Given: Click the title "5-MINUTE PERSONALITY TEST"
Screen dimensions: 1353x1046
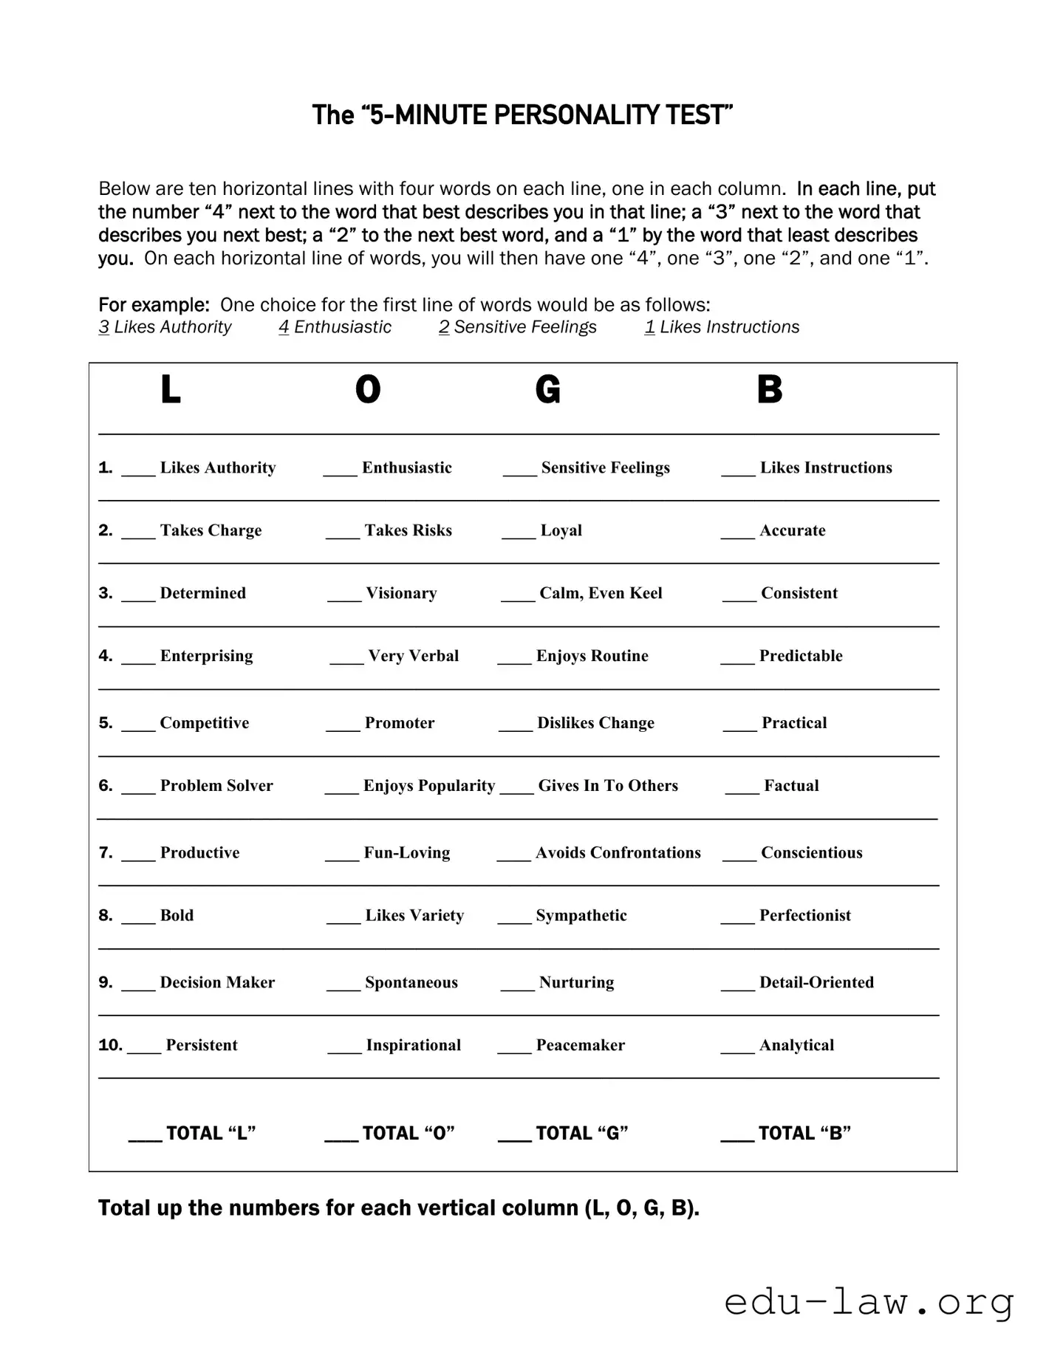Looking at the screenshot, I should [522, 115].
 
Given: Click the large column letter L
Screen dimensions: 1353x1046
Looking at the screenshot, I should [171, 389].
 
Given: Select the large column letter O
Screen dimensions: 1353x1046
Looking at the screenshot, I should [368, 389].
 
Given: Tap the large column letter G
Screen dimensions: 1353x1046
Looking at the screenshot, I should [548, 389].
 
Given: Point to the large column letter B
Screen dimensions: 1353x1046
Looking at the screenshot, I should [769, 389].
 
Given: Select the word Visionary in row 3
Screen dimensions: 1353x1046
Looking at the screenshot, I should [401, 593].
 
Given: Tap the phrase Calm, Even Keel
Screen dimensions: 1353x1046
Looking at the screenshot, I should [601, 593].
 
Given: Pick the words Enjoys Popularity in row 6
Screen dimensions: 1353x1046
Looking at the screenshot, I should [428, 786].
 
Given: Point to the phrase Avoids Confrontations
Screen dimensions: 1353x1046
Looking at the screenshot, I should [618, 853].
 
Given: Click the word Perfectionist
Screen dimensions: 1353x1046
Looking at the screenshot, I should [804, 916].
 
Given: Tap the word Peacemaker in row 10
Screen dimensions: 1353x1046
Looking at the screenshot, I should [580, 1046].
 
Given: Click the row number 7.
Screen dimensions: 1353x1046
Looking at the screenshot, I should [106, 853].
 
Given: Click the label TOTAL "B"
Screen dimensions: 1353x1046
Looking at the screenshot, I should [804, 1134].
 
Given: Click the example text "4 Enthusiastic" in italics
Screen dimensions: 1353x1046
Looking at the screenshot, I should [335, 327].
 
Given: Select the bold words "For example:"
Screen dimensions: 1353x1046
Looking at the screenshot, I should [154, 305].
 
